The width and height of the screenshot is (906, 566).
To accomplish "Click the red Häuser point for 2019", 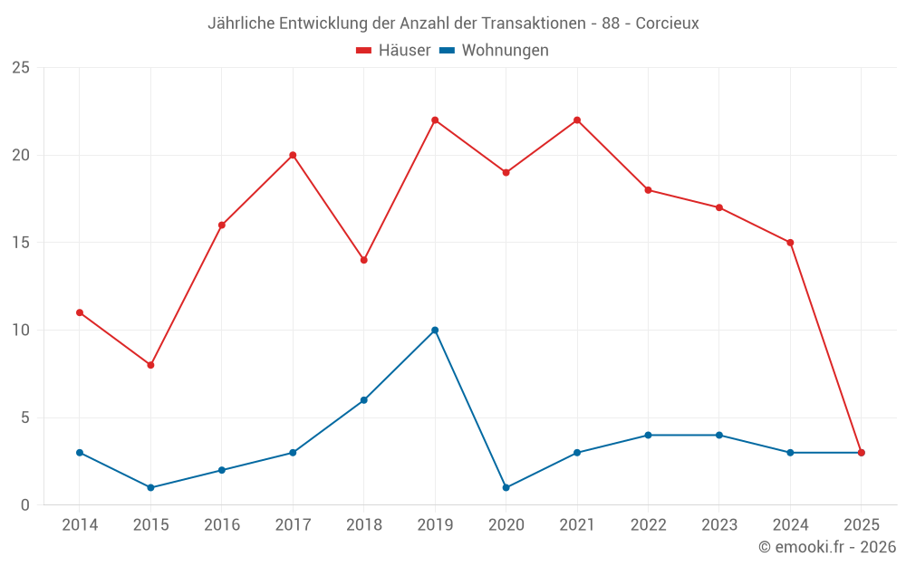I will (435, 120).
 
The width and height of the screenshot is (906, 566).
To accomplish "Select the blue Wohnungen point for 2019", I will (435, 330).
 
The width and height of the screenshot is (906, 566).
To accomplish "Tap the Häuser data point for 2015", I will (150, 365).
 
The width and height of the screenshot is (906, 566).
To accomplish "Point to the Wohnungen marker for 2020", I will (506, 487).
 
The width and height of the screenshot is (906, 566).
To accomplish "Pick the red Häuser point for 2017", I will (293, 155).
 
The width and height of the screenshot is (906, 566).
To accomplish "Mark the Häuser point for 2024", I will (790, 243).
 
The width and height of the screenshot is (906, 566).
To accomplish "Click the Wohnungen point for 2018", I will (364, 400).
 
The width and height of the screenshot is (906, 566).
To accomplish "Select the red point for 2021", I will (577, 120).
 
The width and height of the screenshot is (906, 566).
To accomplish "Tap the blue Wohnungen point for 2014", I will (80, 453).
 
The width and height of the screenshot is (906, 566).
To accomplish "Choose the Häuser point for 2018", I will (364, 260).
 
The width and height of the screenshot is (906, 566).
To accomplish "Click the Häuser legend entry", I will (393, 51).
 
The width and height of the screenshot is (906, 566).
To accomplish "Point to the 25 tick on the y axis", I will (20, 68).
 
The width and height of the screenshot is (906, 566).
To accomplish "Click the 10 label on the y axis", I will (20, 330).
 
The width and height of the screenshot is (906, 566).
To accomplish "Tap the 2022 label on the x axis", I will (648, 525).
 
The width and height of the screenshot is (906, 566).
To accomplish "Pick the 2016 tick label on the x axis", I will (222, 525).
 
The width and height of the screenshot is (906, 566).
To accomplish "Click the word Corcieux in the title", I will (667, 24).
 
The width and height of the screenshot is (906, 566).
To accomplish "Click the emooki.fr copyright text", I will (826, 547).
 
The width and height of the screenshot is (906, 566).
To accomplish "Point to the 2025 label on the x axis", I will (861, 525).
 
